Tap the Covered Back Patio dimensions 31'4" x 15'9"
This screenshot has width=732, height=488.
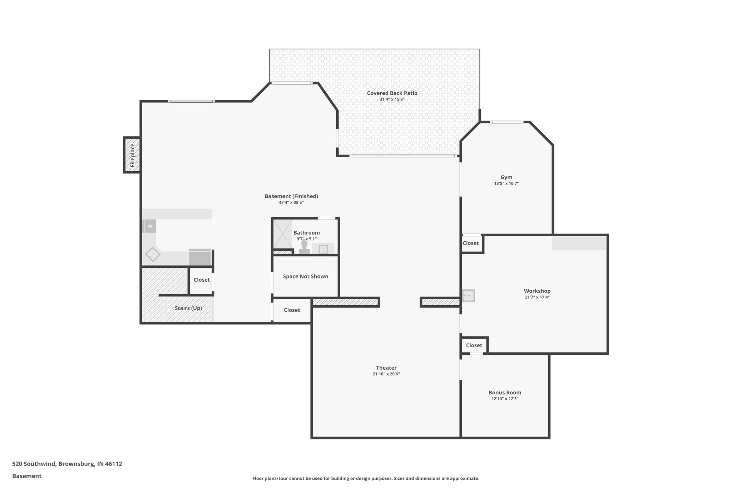(392, 99)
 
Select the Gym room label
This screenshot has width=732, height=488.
(506, 177)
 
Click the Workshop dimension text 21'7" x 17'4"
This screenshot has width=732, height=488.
(537, 297)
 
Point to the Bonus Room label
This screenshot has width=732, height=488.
(505, 393)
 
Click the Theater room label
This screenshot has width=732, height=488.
(386, 368)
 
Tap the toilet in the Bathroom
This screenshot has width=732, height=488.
(304, 247)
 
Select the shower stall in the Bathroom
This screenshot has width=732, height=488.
(282, 234)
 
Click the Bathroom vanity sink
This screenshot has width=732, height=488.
(323, 249)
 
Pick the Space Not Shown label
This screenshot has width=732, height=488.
(305, 276)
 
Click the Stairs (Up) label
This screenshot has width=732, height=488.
(188, 308)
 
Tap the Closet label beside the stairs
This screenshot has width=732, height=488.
(202, 280)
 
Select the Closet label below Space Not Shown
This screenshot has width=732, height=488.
(292, 310)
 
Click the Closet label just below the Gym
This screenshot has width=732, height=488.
(470, 243)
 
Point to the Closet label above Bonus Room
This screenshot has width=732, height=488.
(474, 345)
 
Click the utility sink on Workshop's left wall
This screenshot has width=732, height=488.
(468, 296)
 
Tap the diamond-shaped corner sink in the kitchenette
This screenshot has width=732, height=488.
(153, 254)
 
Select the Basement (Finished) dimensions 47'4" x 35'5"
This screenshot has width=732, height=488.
(291, 203)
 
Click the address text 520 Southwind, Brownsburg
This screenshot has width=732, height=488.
(67, 464)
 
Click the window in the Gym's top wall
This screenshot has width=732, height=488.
(506, 122)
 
